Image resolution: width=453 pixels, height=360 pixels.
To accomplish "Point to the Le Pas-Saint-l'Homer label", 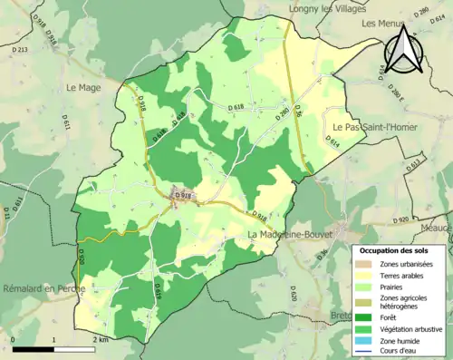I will point(374,127).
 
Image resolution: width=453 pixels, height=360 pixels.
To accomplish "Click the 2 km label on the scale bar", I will point(101,339).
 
